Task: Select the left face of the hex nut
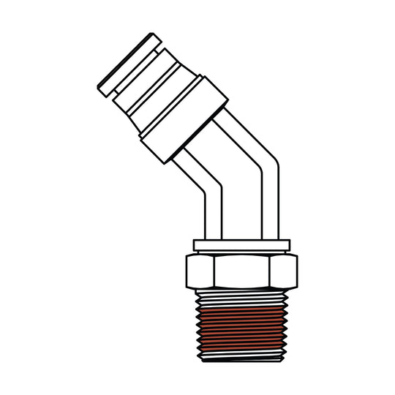coord(199,272)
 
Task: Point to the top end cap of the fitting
coord(129,62)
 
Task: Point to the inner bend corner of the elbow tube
coord(208,192)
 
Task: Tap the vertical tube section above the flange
coord(241,216)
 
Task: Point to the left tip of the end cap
coord(100,88)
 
